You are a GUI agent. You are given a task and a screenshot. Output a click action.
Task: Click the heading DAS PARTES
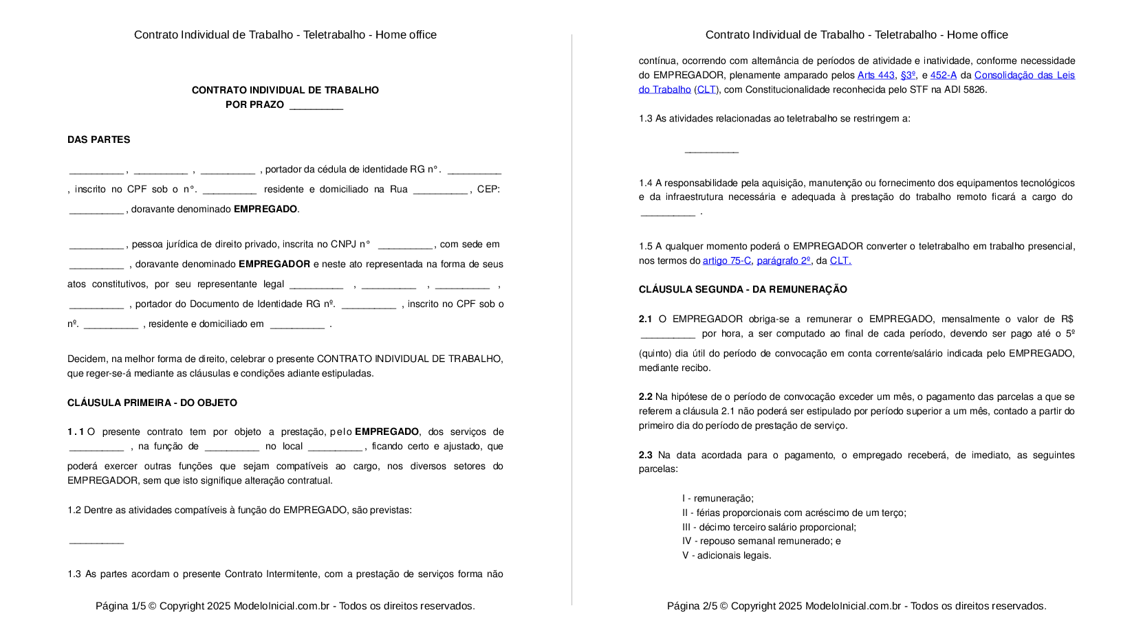point(98,139)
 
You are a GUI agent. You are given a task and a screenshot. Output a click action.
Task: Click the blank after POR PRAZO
point(316,105)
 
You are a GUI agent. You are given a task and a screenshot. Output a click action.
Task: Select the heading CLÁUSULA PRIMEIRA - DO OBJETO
point(152,403)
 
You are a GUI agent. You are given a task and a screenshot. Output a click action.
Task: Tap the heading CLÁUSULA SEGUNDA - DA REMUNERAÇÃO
point(743,289)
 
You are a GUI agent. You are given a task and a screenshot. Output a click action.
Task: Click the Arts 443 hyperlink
point(875,76)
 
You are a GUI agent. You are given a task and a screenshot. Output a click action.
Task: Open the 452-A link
point(943,76)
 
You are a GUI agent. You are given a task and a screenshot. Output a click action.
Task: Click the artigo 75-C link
point(726,260)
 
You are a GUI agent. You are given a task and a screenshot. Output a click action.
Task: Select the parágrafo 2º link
point(783,260)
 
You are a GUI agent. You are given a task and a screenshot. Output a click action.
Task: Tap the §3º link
point(908,76)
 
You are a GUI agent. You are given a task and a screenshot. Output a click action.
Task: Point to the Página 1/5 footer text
point(285,606)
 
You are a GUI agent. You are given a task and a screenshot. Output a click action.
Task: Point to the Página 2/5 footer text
point(856,606)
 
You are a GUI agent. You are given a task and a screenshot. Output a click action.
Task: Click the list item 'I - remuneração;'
point(717,499)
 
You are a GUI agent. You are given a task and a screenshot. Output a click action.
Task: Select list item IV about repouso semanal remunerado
point(761,541)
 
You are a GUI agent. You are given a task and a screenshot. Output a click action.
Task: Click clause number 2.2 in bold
point(645,397)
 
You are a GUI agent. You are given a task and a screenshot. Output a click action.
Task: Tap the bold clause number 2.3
point(645,455)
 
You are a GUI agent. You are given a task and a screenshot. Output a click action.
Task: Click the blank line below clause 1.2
point(96,541)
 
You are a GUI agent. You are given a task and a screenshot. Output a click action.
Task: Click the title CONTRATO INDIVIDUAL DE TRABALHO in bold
point(285,90)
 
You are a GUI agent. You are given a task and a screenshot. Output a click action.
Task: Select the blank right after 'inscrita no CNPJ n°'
point(405,245)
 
